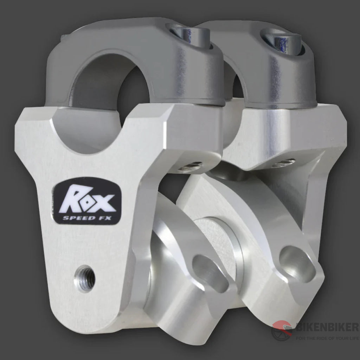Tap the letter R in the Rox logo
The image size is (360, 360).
[x=72, y=200]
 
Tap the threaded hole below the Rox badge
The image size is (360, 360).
[x=84, y=278]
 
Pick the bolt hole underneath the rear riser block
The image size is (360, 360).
[x=283, y=163]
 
